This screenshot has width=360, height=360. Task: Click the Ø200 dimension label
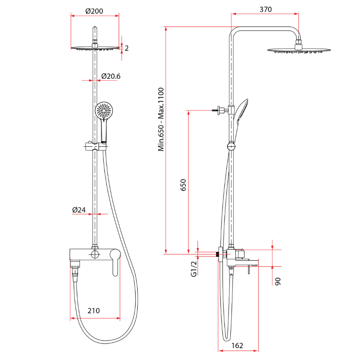(x=94, y=11)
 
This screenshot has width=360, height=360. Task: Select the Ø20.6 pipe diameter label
(x=111, y=76)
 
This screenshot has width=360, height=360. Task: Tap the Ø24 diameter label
(x=79, y=210)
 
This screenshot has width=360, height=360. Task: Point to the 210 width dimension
(x=94, y=310)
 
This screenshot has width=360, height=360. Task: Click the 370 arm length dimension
(x=266, y=10)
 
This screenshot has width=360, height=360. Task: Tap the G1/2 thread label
(x=194, y=269)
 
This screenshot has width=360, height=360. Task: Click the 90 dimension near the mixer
(x=278, y=280)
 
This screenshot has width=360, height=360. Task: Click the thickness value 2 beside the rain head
(x=126, y=48)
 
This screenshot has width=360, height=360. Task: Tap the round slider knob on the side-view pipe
(x=231, y=146)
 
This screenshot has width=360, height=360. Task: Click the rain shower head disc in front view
(x=96, y=48)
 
